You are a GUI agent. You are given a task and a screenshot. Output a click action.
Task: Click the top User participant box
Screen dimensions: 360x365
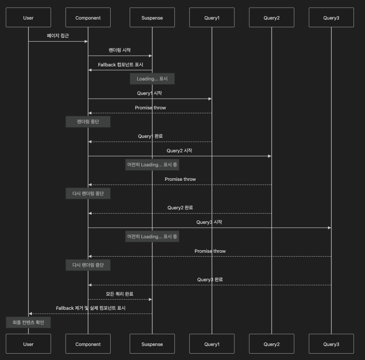click(28, 18)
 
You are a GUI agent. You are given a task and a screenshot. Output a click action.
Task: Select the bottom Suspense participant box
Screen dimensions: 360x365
click(152, 344)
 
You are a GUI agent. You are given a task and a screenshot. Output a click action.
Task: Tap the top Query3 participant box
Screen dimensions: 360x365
click(331, 18)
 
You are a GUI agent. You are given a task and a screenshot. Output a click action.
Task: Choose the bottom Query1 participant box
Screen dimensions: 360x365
click(211, 344)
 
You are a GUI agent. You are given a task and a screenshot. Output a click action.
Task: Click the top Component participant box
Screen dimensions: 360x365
click(88, 18)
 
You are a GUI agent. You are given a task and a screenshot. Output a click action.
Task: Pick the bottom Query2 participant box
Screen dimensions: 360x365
click(271, 344)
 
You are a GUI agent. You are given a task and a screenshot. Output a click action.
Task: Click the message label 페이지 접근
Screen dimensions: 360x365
click(58, 36)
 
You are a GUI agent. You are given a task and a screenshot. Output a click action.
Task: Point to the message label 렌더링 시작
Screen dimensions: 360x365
click(120, 50)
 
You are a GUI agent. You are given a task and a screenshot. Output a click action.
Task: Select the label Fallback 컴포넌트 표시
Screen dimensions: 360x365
click(120, 65)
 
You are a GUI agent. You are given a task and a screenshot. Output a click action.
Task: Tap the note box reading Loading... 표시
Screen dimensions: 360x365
click(152, 79)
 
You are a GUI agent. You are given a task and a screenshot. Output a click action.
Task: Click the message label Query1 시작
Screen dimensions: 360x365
click(149, 93)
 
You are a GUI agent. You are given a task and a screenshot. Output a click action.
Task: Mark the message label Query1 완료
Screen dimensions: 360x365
click(150, 136)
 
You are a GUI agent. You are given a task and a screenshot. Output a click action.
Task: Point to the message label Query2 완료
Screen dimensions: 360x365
click(180, 208)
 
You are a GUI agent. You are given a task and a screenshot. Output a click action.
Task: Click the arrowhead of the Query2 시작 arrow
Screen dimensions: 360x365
click(270, 156)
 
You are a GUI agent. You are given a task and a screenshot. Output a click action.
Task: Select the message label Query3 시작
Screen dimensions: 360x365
click(209, 222)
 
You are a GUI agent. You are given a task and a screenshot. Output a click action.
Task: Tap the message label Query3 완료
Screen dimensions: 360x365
click(210, 280)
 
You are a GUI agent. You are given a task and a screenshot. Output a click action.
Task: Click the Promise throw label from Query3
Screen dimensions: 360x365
click(210, 251)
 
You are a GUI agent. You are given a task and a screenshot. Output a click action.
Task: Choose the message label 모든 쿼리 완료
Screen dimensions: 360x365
click(120, 294)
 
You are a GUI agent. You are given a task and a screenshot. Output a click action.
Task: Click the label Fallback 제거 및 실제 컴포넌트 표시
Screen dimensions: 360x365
click(91, 308)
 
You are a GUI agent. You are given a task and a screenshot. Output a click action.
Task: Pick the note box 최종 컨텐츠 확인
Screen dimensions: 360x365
click(29, 323)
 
